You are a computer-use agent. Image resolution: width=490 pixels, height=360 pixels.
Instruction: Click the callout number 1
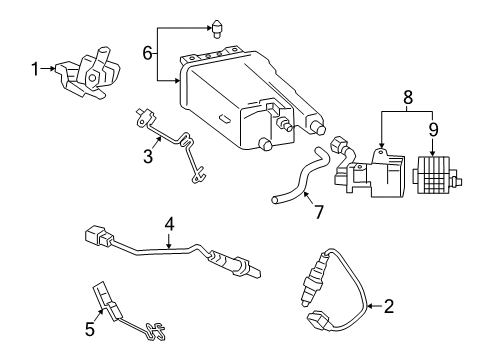35,68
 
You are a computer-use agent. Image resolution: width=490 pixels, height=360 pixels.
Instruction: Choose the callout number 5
88,326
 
